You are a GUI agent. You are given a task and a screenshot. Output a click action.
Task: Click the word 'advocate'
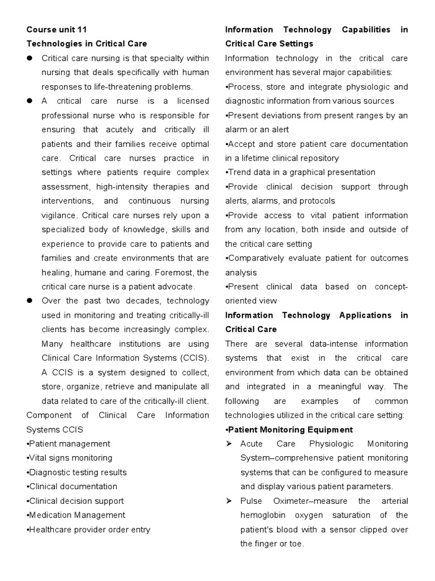point(174,287)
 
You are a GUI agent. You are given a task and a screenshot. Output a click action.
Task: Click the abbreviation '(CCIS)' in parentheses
point(191,358)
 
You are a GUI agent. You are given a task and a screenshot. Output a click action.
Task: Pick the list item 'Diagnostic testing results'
point(76,472)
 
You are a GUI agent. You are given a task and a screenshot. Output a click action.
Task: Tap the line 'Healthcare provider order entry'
point(88,529)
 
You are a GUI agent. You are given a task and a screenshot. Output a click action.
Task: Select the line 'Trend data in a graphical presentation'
point(300,172)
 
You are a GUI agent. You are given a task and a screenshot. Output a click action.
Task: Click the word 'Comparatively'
point(255,258)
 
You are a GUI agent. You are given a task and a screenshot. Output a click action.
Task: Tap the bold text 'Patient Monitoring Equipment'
point(289,430)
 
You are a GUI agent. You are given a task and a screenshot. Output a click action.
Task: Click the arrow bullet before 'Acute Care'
point(229,444)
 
